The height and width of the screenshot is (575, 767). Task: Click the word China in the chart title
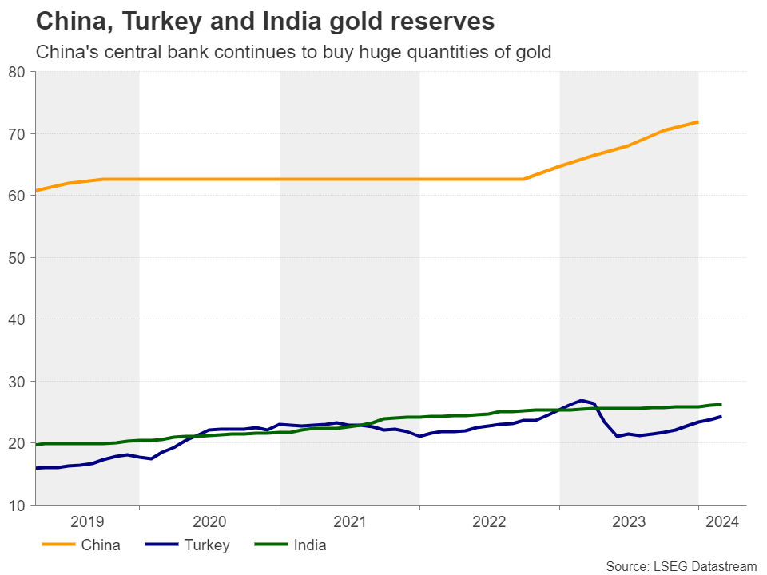[x=66, y=21]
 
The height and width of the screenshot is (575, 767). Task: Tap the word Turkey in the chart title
[x=149, y=21]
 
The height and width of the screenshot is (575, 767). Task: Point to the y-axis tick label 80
[x=18, y=72]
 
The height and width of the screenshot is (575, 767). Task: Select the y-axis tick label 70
[x=18, y=133]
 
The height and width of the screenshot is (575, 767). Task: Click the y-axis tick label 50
[x=18, y=257]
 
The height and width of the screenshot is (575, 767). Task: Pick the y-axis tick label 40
[x=18, y=319]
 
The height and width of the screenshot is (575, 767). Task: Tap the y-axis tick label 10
[x=18, y=505]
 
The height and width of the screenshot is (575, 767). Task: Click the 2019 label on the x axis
[x=87, y=522]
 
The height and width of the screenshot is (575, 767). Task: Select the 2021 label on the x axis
[x=349, y=522]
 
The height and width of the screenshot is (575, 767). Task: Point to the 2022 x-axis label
[x=489, y=522]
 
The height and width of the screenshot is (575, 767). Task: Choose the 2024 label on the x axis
[x=722, y=522]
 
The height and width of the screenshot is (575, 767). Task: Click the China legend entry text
[x=101, y=545]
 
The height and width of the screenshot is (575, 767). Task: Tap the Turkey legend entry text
[x=207, y=545]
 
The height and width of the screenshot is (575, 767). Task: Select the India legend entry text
[x=309, y=545]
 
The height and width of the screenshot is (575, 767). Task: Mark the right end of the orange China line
[x=698, y=121]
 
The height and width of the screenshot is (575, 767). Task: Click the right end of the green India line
[x=721, y=404]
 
